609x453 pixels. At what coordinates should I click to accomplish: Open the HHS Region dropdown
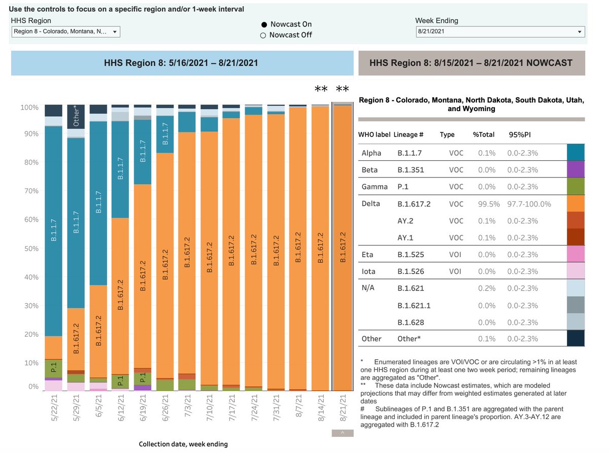pos(66,32)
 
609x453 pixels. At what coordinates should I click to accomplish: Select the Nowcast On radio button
pos(263,24)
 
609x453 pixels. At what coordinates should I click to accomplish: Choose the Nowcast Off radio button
pos(263,35)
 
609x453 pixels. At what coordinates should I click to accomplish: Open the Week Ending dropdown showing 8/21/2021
pos(500,32)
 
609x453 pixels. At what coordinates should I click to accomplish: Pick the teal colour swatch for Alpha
pos(576,153)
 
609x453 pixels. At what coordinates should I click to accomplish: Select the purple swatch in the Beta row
pos(576,169)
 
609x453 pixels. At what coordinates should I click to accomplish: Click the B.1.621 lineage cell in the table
pos(410,288)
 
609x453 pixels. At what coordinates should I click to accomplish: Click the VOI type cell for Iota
pos(455,271)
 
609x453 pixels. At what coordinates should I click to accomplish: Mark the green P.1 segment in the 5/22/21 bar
pos(53,368)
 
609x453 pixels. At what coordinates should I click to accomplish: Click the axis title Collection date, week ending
pos(183,444)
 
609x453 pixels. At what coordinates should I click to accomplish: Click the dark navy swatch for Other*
pos(576,338)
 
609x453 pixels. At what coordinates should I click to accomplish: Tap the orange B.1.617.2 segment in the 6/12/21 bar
pos(121,294)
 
